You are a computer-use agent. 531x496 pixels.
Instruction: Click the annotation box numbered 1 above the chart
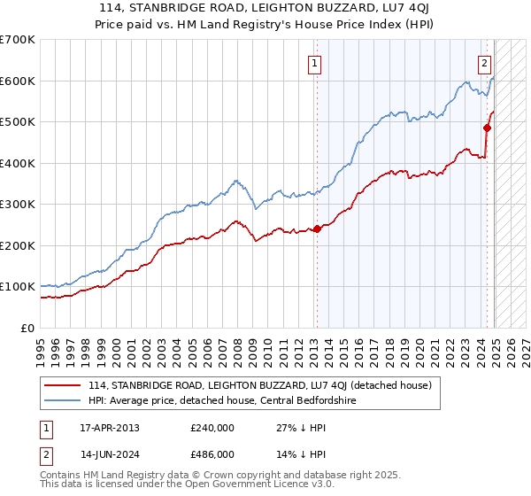click(x=315, y=63)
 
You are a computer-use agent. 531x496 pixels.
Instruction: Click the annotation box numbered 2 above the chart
click(x=485, y=63)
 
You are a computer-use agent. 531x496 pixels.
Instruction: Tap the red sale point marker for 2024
click(x=487, y=128)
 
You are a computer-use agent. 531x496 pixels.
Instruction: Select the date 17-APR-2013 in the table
click(x=110, y=428)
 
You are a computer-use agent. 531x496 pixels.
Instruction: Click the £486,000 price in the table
click(x=212, y=453)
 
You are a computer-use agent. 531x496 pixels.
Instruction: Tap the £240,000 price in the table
click(x=212, y=428)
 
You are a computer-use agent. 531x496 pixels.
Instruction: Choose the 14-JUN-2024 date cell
click(x=110, y=453)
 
